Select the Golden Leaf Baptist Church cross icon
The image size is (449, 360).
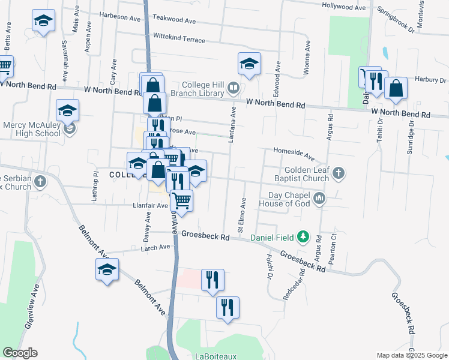click(339, 173)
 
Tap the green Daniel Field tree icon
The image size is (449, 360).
click(304, 236)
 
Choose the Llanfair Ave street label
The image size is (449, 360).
click(150, 205)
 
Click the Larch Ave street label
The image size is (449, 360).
click(155, 247)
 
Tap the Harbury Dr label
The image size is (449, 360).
click(428, 80)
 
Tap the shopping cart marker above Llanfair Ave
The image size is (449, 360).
click(181, 199)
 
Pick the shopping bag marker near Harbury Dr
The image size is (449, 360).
click(396, 88)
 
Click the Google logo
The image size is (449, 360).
click(20, 353)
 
